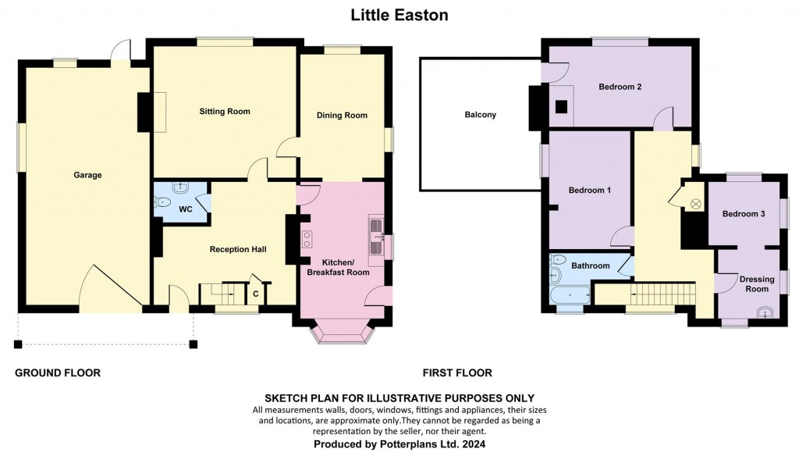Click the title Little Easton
(x=399, y=14)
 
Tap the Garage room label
(x=88, y=175)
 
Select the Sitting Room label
(x=225, y=112)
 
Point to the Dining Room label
(x=342, y=116)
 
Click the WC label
(x=186, y=210)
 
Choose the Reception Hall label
(x=238, y=250)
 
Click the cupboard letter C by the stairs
(x=256, y=294)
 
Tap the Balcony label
(x=480, y=115)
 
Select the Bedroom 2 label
(x=620, y=87)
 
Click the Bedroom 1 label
(x=589, y=191)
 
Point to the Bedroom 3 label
(x=743, y=214)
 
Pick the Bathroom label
(x=591, y=265)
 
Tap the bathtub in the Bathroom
(x=569, y=296)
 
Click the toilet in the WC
(x=163, y=202)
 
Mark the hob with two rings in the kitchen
(x=307, y=240)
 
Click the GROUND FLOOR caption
(x=58, y=373)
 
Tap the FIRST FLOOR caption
(x=457, y=373)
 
